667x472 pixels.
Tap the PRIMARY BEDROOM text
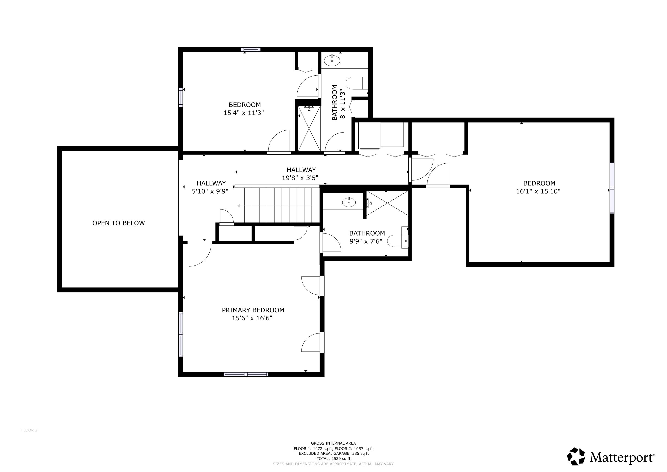tap(253, 310)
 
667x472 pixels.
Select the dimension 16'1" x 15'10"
tap(538, 191)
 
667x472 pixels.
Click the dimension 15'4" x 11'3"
tap(243, 113)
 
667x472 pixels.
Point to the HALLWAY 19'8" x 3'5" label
tap(301, 174)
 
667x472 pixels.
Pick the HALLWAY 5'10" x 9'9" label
tap(211, 187)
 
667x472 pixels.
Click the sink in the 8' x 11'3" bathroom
tap(332, 61)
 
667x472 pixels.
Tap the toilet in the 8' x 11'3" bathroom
tap(357, 83)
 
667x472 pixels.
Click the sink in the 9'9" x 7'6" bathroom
tap(349, 202)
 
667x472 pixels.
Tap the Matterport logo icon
tap(576, 456)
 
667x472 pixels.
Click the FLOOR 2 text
tap(29, 430)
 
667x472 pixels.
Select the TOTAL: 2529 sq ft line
tap(333, 459)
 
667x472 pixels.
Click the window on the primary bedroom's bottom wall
tap(246, 374)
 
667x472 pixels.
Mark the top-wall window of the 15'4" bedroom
tap(250, 49)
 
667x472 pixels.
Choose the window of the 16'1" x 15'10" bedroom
tap(612, 188)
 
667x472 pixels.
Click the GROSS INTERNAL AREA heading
tap(333, 443)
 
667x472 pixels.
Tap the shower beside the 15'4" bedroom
tap(309, 128)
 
